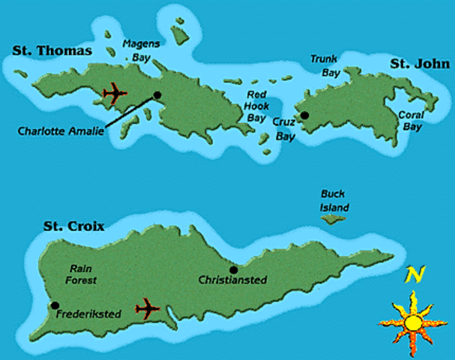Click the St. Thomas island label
(52, 51)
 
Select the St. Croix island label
(73, 225)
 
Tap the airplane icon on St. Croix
(148, 307)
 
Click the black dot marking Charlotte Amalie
(157, 95)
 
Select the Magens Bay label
(141, 50)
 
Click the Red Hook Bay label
(256, 106)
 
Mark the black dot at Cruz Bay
(304, 115)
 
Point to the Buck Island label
(335, 201)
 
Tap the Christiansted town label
(232, 280)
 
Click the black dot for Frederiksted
(55, 304)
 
